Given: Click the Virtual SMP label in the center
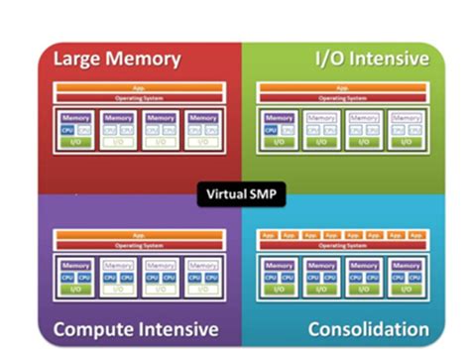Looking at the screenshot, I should pos(241,194).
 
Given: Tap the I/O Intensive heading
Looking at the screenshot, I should pos(373,59).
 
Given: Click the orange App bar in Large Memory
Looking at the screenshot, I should pos(140,89).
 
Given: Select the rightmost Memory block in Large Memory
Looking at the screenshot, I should pos(202,118).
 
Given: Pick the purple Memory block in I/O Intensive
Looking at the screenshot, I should pos(276,118).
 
